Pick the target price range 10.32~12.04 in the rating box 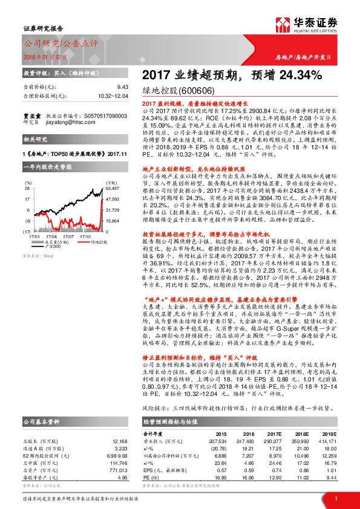[113, 96]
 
